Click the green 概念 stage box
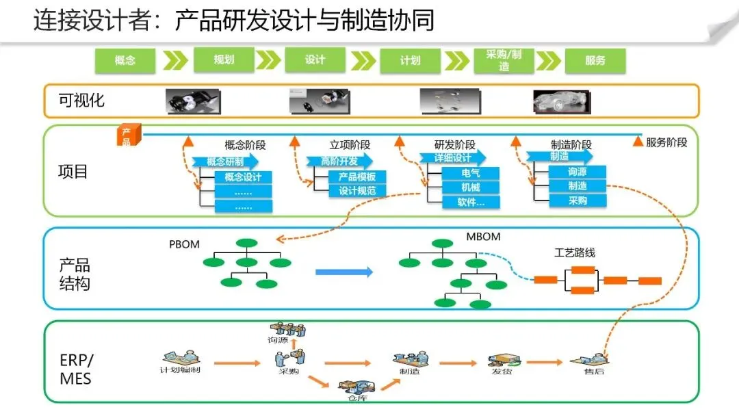(125, 60)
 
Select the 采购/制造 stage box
(504, 61)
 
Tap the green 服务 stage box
(595, 60)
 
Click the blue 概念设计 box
(243, 177)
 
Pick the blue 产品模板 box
(356, 177)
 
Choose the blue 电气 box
(470, 172)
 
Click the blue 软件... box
(470, 202)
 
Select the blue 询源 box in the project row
(577, 172)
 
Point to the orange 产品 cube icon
(128, 135)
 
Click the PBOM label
(185, 244)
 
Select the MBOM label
(483, 237)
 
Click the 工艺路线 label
(574, 252)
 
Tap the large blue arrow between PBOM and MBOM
(344, 272)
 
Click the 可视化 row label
(81, 101)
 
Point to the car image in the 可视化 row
(561, 101)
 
